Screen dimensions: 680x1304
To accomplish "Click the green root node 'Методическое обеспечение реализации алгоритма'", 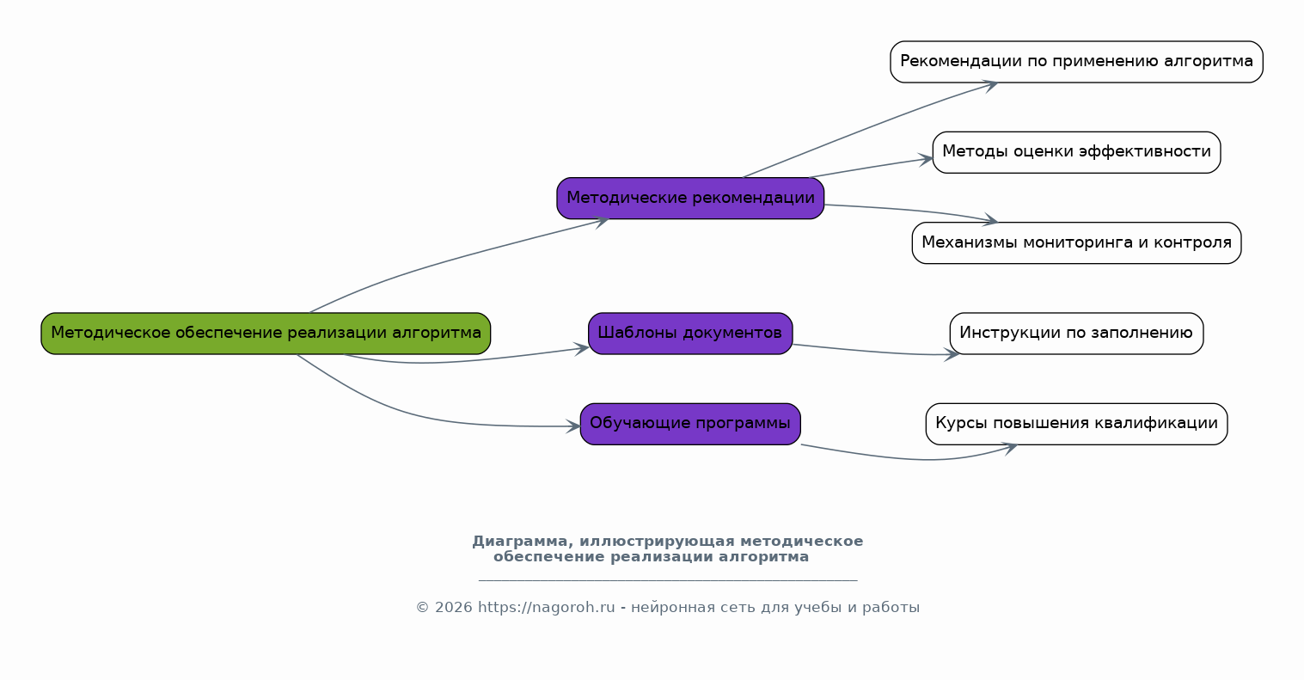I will pos(266,334).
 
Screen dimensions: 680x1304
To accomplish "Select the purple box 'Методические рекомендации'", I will pos(690,199).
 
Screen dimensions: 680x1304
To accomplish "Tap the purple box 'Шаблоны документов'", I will pos(690,334).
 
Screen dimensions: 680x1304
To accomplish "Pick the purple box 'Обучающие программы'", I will pos(690,424).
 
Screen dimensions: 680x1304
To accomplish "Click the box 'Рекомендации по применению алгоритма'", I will pos(1076,62).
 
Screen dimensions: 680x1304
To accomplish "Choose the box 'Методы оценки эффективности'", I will pos(1076,152).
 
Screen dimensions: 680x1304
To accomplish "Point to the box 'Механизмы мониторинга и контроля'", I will pos(1076,243).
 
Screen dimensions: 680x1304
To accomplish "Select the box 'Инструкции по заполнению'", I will pos(1076,334).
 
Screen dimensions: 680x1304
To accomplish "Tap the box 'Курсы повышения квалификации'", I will pos(1076,424).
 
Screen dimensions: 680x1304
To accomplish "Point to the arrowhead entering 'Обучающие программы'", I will pos(573,426).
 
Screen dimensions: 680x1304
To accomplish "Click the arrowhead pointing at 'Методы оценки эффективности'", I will pos(926,159).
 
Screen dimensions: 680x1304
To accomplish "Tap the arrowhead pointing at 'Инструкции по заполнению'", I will pos(952,353).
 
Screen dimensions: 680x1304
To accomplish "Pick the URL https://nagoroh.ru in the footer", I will pos(546,608).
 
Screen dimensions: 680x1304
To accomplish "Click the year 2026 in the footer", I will pos(454,608).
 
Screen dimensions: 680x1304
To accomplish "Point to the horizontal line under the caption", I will pos(667,580).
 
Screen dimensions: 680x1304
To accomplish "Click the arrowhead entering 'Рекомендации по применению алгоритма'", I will pos(989,84).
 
